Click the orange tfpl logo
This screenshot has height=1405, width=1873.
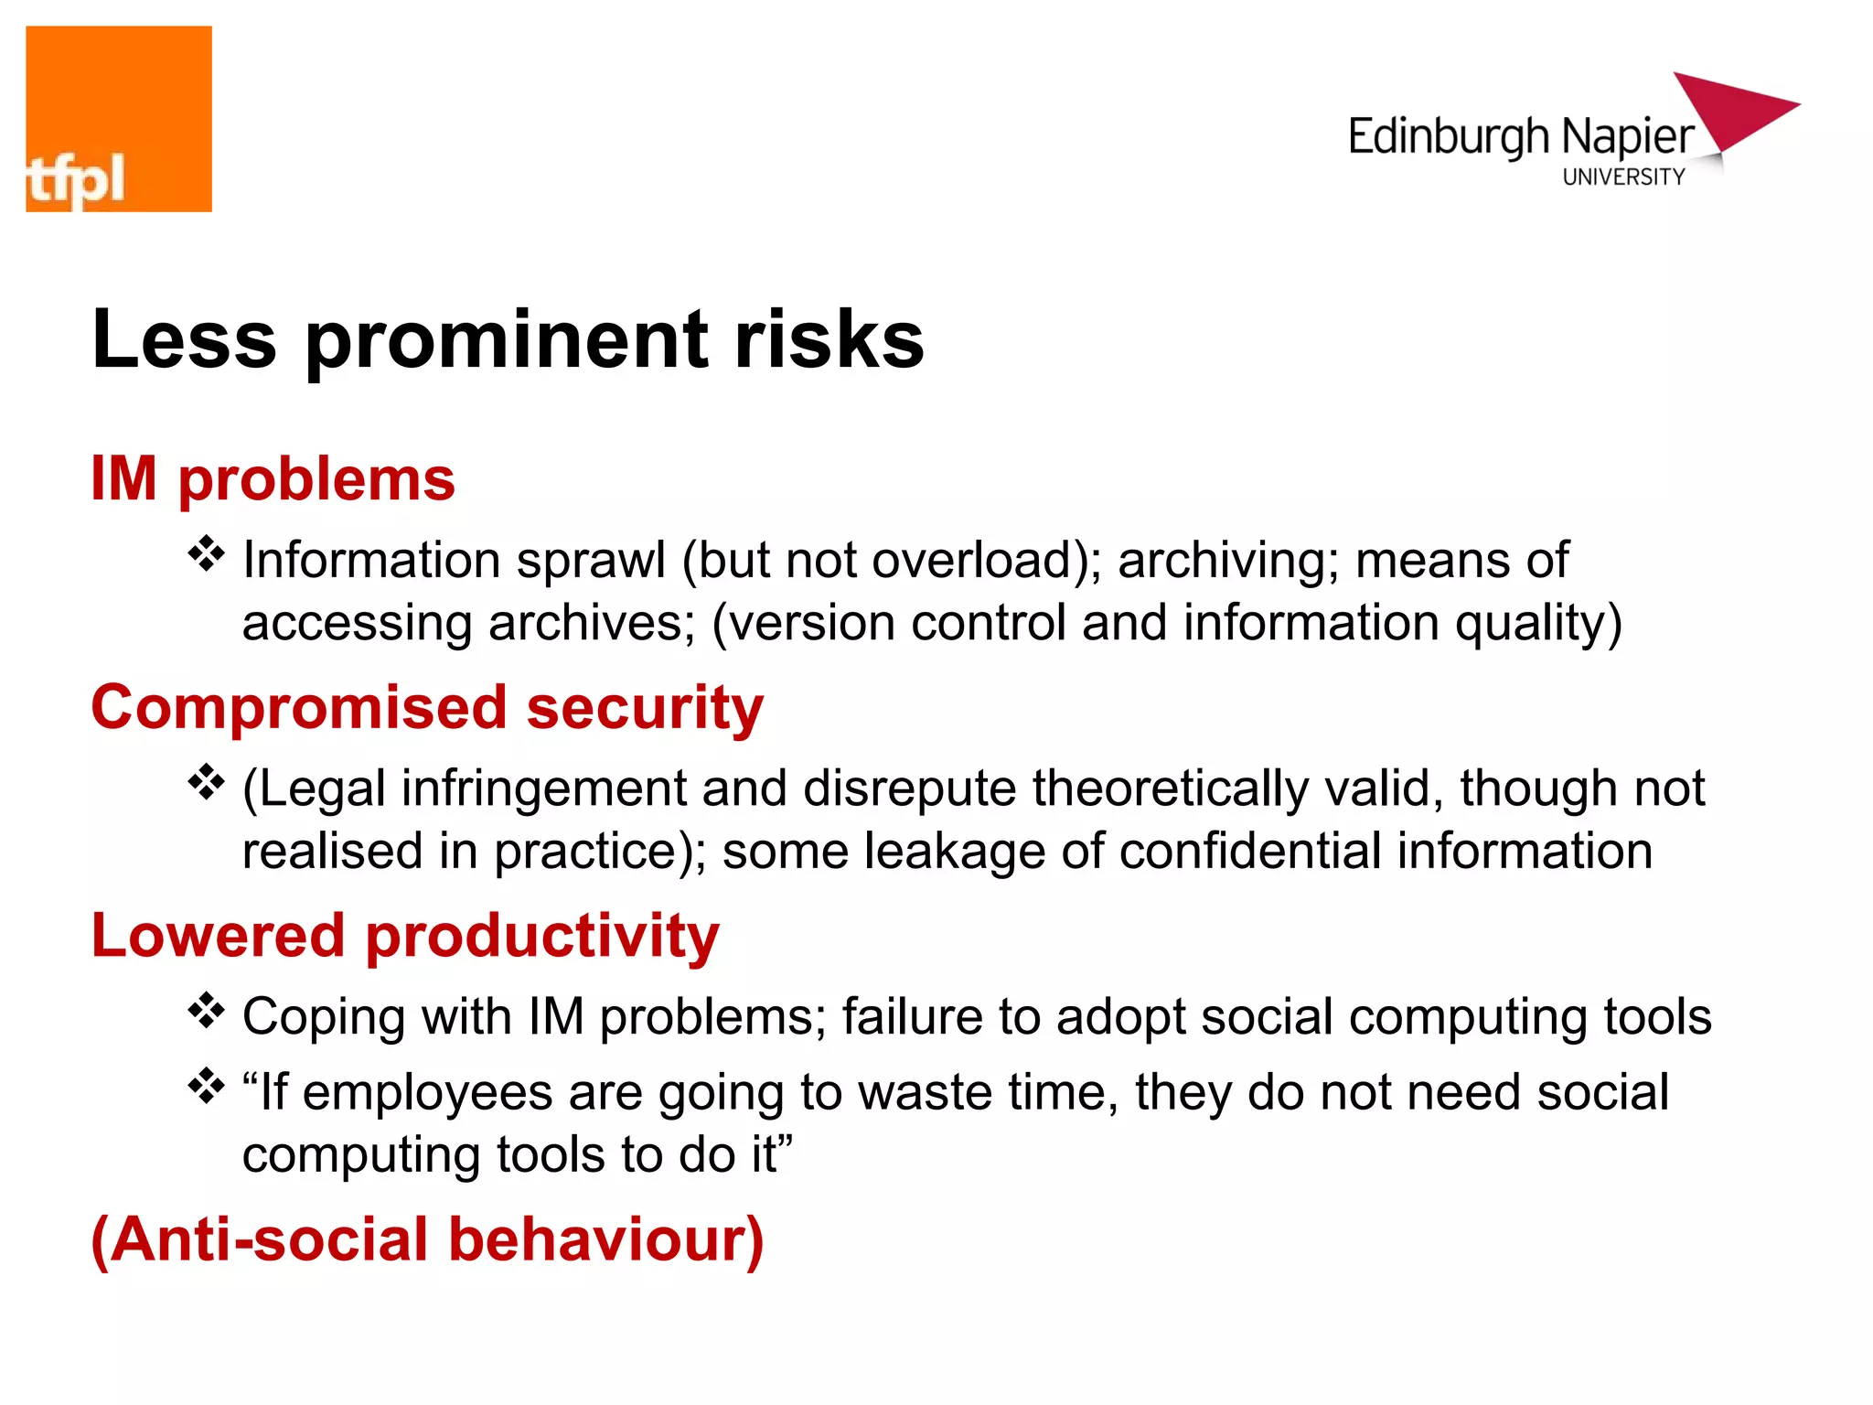119,119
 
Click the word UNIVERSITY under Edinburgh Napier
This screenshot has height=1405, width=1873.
1623,177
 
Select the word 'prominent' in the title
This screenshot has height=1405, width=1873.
507,339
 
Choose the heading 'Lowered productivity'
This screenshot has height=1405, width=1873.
405,936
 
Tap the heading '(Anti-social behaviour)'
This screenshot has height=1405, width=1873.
427,1239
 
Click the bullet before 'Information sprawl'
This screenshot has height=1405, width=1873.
207,554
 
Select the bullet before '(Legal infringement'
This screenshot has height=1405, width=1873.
207,783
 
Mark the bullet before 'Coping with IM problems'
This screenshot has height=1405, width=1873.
207,1012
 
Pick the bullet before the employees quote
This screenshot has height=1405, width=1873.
207,1087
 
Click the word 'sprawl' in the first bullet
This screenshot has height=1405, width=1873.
591,561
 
